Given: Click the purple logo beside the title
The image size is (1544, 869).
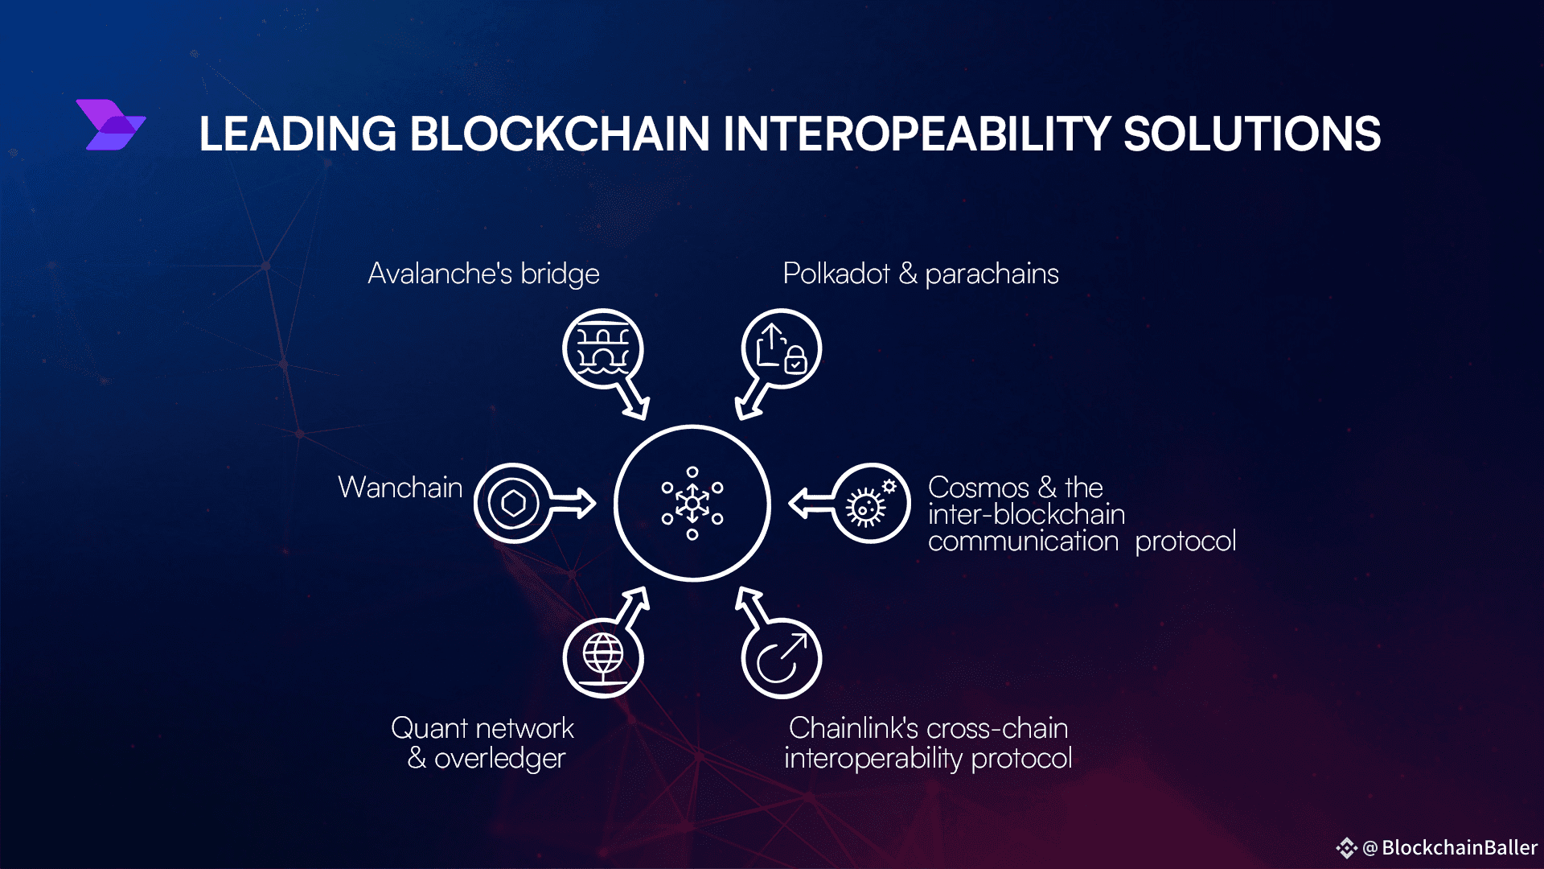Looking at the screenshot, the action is (111, 125).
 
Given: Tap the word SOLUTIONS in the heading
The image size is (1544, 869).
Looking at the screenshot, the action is (1252, 134).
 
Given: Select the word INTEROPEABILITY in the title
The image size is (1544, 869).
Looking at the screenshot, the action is (917, 134).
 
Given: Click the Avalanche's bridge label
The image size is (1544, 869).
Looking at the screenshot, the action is (483, 274).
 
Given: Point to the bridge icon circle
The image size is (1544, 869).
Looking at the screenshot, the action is (602, 349).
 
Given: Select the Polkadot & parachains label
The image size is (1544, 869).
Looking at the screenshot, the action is (921, 274).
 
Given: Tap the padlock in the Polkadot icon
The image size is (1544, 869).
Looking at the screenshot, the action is (795, 359).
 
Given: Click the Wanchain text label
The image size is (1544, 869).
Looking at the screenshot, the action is (400, 488).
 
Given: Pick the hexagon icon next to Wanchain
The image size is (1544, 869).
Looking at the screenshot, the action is (513, 504).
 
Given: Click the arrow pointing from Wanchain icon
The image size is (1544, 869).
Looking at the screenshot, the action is (573, 504).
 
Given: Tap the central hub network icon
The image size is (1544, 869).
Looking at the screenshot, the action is (692, 503).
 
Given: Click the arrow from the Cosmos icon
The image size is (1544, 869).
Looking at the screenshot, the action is (812, 504).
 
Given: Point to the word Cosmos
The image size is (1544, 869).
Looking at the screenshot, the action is (978, 488).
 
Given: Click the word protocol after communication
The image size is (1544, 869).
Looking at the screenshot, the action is (1185, 542).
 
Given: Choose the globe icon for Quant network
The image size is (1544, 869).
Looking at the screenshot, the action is (603, 657).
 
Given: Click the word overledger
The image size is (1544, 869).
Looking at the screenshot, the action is (499, 759).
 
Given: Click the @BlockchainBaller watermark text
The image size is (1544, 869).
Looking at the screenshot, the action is (1450, 847).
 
